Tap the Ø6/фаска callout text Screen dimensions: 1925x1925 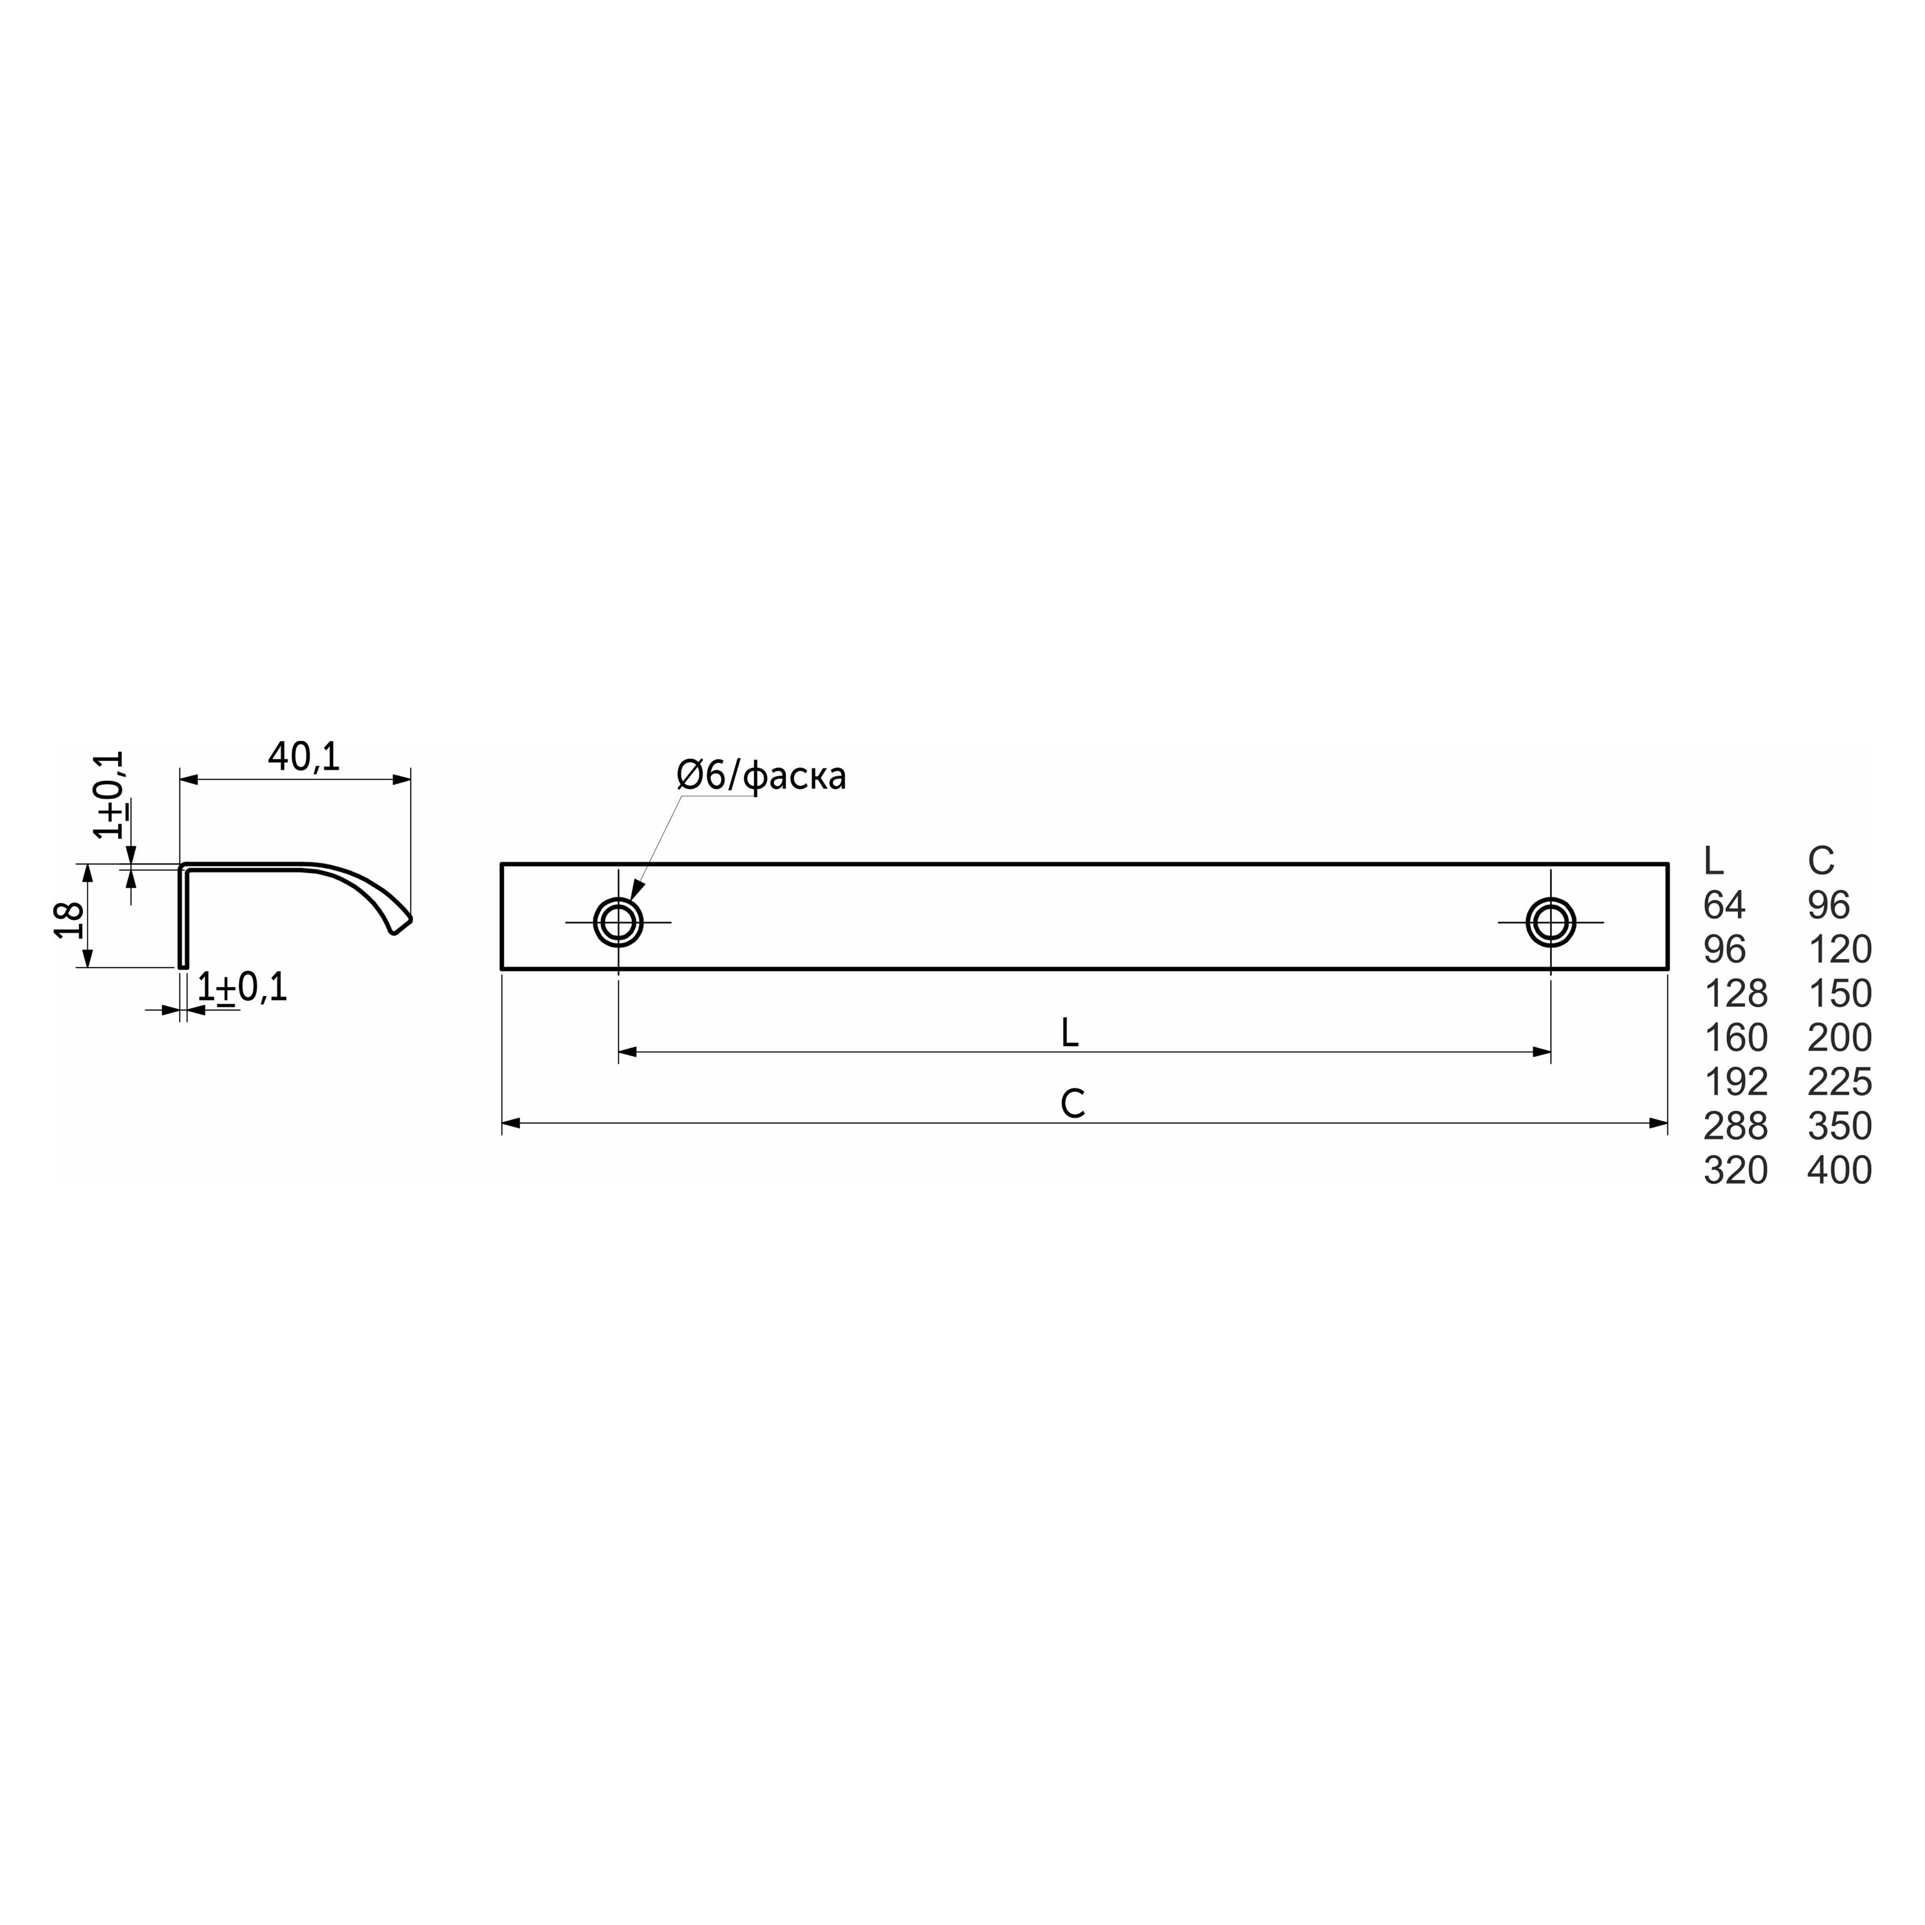(x=761, y=776)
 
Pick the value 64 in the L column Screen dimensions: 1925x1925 (x=1725, y=905)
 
